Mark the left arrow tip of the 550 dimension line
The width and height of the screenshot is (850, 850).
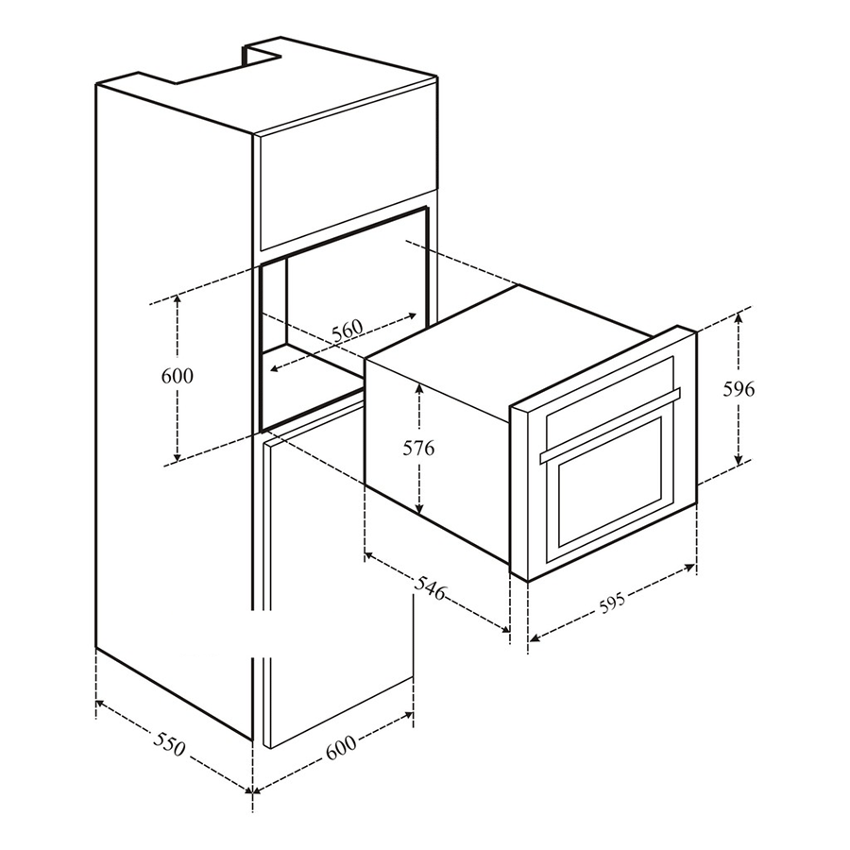pyautogui.click(x=96, y=702)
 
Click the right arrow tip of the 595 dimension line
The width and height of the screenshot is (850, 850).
pyautogui.click(x=695, y=566)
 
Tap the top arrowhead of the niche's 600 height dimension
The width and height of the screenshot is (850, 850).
pyautogui.click(x=178, y=296)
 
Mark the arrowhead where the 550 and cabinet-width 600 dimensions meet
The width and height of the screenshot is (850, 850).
pyautogui.click(x=252, y=792)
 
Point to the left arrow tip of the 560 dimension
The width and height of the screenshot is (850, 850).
pyautogui.click(x=270, y=371)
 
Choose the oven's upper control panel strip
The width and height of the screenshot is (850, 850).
pyautogui.click(x=610, y=393)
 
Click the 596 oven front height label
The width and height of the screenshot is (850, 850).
pyautogui.click(x=739, y=389)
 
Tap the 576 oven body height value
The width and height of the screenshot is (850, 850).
pyautogui.click(x=419, y=449)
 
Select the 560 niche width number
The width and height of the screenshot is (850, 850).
pyautogui.click(x=348, y=331)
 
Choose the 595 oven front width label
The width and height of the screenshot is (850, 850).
pyautogui.click(x=612, y=603)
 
